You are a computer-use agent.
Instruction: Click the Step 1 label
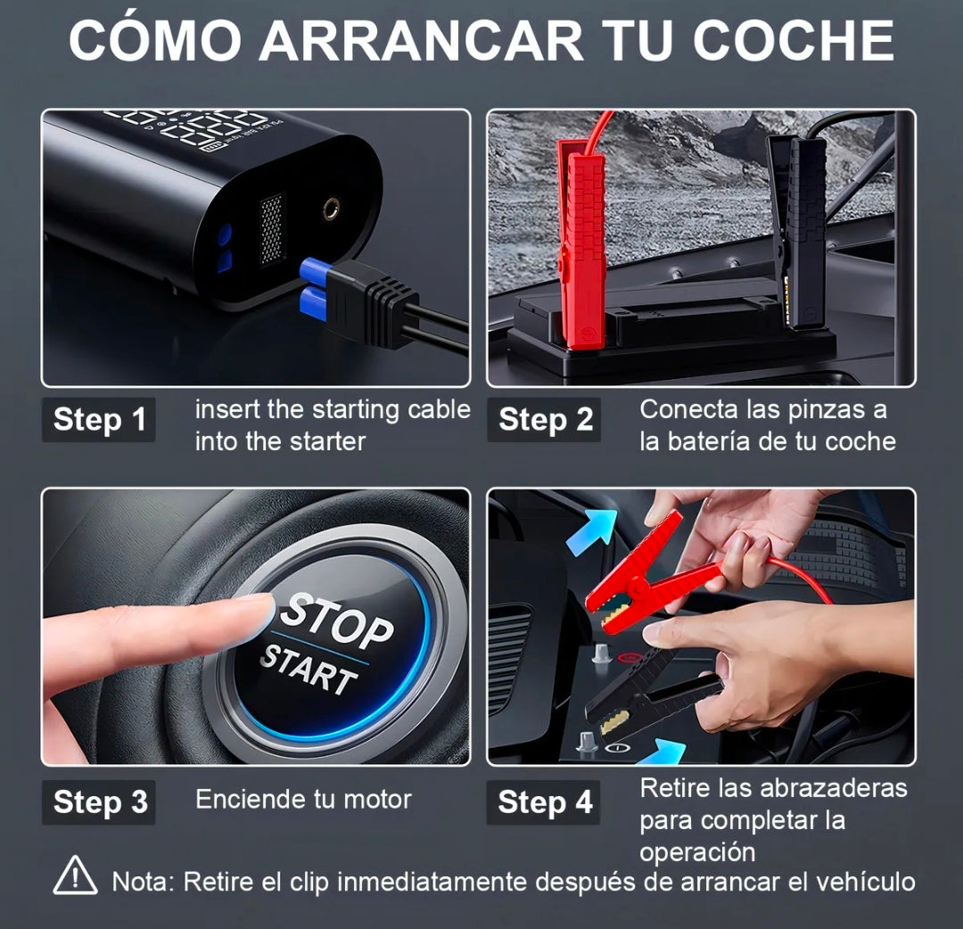point(99,420)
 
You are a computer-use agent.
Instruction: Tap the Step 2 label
point(545,420)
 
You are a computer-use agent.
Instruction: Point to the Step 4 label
point(545,802)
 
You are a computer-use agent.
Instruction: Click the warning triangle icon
point(76,876)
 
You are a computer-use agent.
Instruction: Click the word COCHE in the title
point(793,40)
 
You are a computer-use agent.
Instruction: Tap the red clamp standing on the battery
point(580,241)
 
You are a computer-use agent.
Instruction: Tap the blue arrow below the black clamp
point(663,754)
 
